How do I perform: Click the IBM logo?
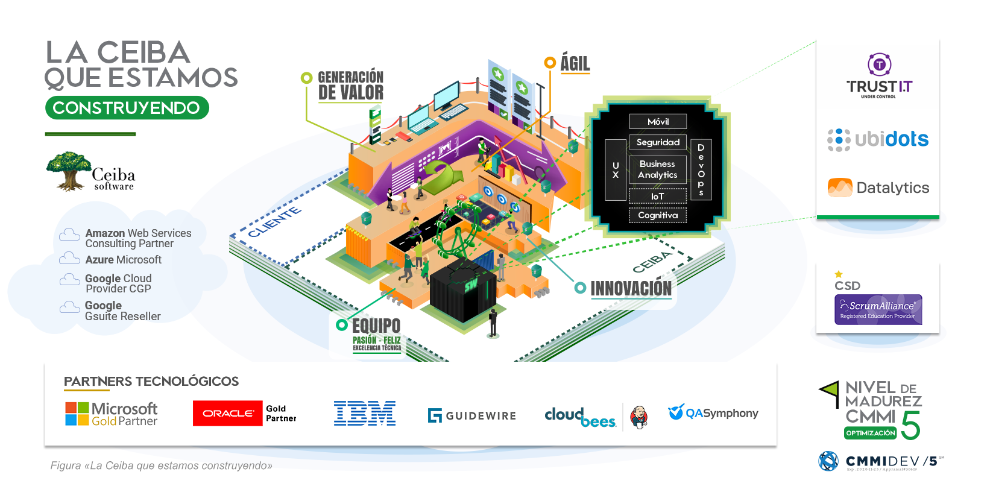(x=365, y=414)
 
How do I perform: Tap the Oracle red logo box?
(x=228, y=414)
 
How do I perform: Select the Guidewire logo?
(x=472, y=415)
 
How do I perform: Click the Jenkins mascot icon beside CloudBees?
(x=638, y=417)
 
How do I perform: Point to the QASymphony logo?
(x=713, y=413)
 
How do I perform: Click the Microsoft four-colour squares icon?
(x=77, y=414)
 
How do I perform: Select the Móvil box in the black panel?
(x=658, y=122)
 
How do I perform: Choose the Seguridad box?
(x=658, y=142)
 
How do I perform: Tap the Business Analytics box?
(x=658, y=169)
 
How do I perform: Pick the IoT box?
(x=658, y=196)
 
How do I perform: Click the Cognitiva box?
(x=658, y=215)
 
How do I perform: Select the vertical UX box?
(x=616, y=170)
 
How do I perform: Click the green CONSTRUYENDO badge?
(x=127, y=108)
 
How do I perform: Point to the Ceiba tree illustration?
(x=69, y=171)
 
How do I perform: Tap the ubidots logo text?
(x=891, y=139)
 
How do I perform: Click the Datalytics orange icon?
(x=840, y=188)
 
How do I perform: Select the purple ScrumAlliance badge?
(x=878, y=309)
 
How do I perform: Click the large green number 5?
(x=911, y=426)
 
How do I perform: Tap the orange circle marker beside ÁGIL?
(x=549, y=62)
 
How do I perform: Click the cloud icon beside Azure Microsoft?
(x=69, y=259)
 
